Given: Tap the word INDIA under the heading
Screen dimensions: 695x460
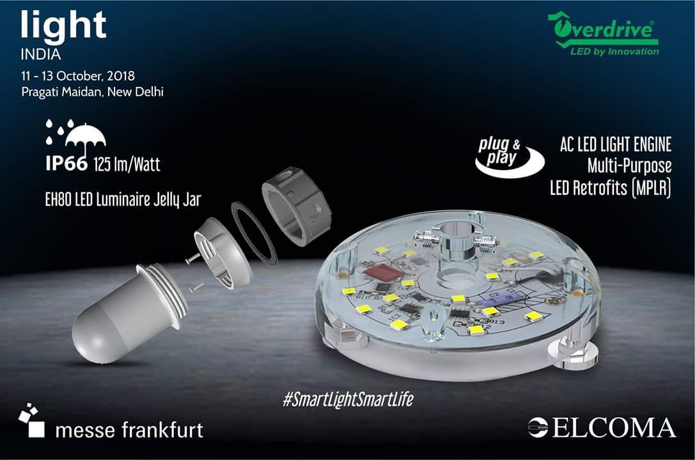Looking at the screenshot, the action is pyautogui.click(x=41, y=55).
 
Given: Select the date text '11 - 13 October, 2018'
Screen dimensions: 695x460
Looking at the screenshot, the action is pyautogui.click(x=78, y=75).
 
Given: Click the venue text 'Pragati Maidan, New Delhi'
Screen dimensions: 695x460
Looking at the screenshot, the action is pyautogui.click(x=93, y=92).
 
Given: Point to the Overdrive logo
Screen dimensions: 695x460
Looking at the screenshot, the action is pyautogui.click(x=603, y=34).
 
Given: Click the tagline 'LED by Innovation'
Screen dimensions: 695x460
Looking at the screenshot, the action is pyautogui.click(x=614, y=51).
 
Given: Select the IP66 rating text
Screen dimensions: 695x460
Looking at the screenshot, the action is pyautogui.click(x=66, y=164).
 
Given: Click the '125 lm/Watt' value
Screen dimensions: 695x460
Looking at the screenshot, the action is pyautogui.click(x=127, y=165).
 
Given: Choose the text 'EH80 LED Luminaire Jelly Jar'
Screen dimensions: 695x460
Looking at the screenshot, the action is pyautogui.click(x=123, y=200).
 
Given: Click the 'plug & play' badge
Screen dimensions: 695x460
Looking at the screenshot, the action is pyautogui.click(x=509, y=157).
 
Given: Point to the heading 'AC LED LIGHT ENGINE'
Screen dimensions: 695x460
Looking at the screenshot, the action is pyautogui.click(x=616, y=145).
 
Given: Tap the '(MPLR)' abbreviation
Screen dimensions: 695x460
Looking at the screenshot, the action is pyautogui.click(x=650, y=188).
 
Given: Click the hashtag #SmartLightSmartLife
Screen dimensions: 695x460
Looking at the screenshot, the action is pyautogui.click(x=348, y=399).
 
